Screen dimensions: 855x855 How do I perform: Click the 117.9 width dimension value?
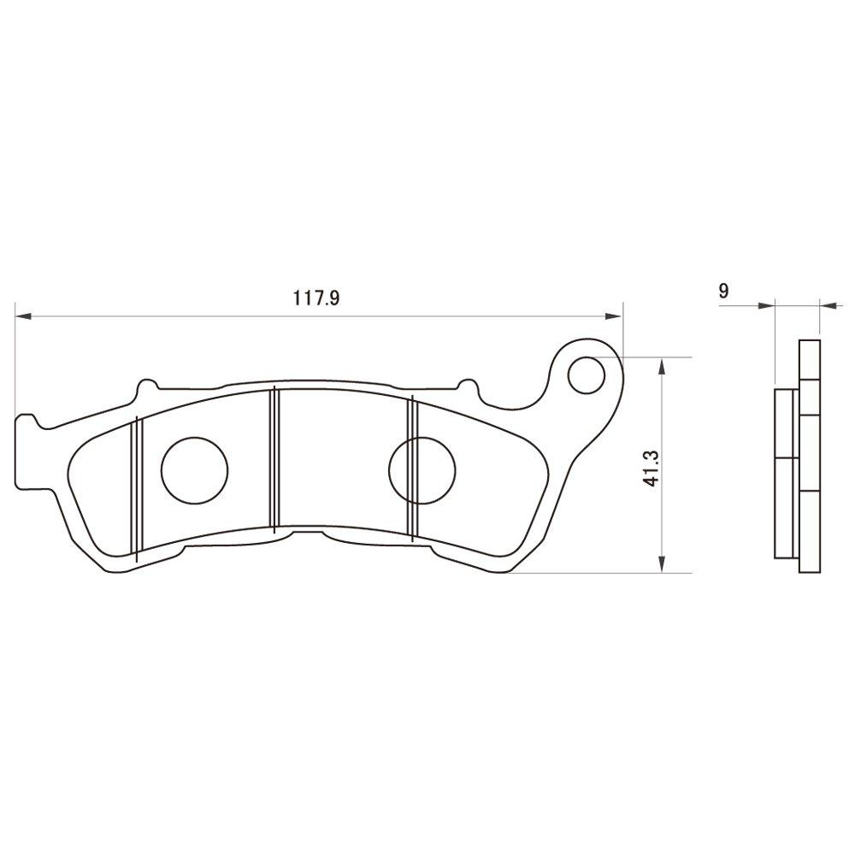tap(317, 298)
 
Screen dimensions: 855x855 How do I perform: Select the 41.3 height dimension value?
tap(651, 466)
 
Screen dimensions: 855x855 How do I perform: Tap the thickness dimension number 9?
tap(723, 291)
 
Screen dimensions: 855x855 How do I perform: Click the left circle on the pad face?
tap(195, 469)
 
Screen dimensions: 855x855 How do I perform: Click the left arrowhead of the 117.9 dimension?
tap(24, 316)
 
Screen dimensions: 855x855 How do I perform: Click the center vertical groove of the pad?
tap(273, 462)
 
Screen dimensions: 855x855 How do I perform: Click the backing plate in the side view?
tap(809, 457)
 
